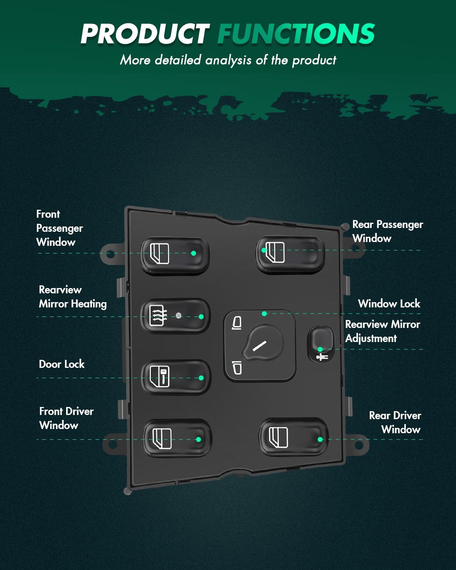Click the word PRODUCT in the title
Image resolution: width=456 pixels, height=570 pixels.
click(144, 33)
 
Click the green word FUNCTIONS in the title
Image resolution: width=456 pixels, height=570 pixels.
click(296, 33)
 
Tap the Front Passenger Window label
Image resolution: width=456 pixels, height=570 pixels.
click(59, 228)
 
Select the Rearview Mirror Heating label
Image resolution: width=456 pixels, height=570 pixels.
click(73, 297)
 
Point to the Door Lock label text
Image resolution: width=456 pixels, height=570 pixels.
click(62, 364)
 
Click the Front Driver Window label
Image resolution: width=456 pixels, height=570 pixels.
click(66, 418)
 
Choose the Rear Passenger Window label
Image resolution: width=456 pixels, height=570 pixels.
click(387, 231)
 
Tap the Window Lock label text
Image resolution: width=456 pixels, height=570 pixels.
click(389, 304)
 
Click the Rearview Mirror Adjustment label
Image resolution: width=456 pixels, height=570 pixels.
click(382, 331)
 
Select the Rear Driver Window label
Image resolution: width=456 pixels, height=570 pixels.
click(395, 422)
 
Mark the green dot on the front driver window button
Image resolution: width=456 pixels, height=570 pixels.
click(198, 439)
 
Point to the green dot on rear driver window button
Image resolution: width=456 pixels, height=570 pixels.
click(320, 439)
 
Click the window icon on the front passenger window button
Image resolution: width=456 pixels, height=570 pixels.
click(160, 253)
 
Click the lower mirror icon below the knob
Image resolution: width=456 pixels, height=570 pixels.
click(237, 367)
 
